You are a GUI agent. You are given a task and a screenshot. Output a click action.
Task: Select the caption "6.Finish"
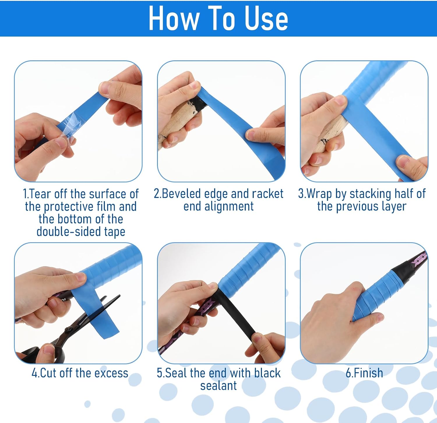pyautogui.click(x=364, y=373)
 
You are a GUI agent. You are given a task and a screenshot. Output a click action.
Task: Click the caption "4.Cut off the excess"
pyautogui.click(x=80, y=373)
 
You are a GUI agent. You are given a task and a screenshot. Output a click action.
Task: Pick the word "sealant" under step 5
pyautogui.click(x=218, y=386)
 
